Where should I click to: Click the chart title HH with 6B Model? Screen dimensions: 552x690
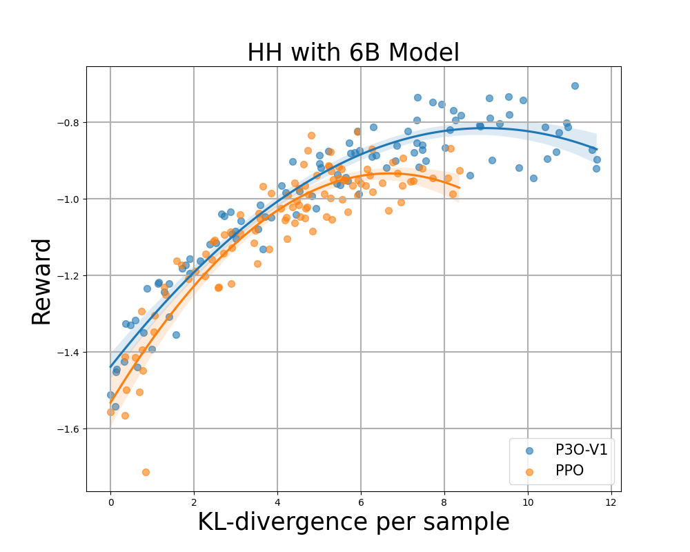tap(353, 52)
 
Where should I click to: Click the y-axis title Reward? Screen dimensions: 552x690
tap(41, 281)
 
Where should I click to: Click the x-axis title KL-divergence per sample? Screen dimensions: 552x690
tap(353, 522)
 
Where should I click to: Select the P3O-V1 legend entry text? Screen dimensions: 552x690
tap(581, 450)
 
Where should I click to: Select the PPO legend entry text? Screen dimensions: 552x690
tap(569, 472)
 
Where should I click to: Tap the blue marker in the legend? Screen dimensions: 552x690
tap(529, 450)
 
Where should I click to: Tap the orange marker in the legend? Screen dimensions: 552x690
tap(529, 472)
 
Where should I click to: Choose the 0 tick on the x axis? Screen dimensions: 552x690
tap(110, 502)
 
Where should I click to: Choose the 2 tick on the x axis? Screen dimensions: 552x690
tap(194, 502)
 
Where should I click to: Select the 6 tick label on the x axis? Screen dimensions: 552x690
tap(361, 502)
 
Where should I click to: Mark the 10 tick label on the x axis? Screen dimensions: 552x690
tap(528, 502)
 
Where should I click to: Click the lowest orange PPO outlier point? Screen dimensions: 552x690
tap(146, 472)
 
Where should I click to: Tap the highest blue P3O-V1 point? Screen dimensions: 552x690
tap(575, 86)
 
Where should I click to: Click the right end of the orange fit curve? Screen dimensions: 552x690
tap(459, 188)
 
